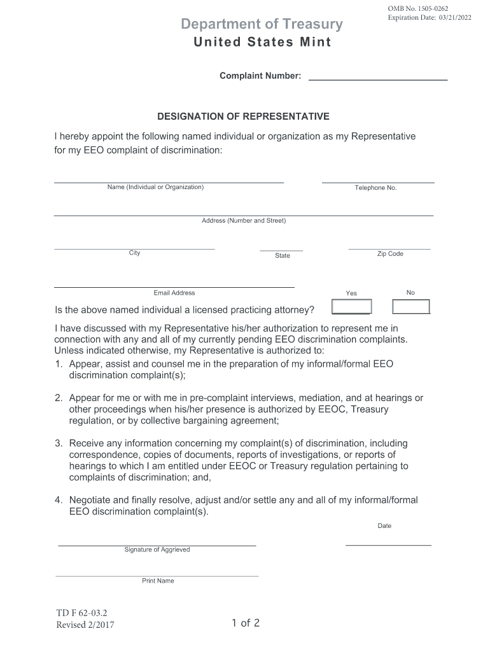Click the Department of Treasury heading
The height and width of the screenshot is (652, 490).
[x=262, y=25]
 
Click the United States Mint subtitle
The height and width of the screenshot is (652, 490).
[x=262, y=43]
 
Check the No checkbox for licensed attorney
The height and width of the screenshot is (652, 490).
[x=410, y=307]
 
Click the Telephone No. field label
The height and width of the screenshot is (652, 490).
[x=375, y=188]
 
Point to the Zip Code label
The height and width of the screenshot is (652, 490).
[x=390, y=253]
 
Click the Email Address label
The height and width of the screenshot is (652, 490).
[x=174, y=293]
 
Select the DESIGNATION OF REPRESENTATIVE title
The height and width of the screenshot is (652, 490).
[x=243, y=117]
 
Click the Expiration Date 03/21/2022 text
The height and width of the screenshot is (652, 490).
[x=430, y=17]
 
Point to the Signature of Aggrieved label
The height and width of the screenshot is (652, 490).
[x=157, y=549]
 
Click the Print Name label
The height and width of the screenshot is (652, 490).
[x=158, y=581]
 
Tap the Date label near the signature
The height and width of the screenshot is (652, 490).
[x=384, y=526]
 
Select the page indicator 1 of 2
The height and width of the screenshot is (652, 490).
[x=246, y=623]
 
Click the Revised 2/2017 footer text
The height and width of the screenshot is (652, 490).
[x=85, y=625]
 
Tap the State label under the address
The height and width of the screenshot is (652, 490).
[x=283, y=255]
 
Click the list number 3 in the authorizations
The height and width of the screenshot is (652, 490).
[x=58, y=443]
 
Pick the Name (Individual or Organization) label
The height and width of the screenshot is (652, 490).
[x=155, y=187]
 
